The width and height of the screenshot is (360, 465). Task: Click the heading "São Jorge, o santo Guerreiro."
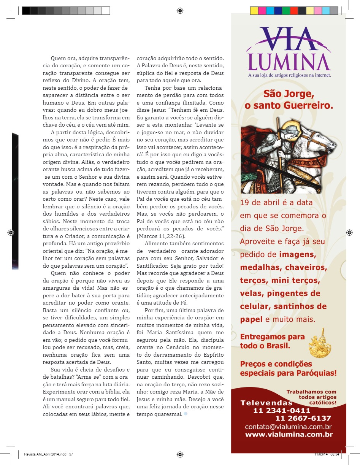tap(289, 100)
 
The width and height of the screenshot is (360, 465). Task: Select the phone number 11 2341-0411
tap(282, 411)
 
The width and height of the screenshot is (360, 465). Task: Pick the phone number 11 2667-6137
tap(303, 418)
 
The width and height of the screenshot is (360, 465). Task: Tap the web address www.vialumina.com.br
tap(289, 435)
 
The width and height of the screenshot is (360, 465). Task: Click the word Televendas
tap(266, 403)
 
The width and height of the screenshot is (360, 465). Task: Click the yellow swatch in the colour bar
tap(254, 11)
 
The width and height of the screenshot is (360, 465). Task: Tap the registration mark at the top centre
tap(180, 11)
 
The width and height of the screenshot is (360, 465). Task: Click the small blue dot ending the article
tap(186, 414)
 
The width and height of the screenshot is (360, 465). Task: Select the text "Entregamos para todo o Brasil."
tap(272, 341)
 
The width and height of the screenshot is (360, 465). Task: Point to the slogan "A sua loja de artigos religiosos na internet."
tap(289, 75)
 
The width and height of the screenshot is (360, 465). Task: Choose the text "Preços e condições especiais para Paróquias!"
tap(288, 368)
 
